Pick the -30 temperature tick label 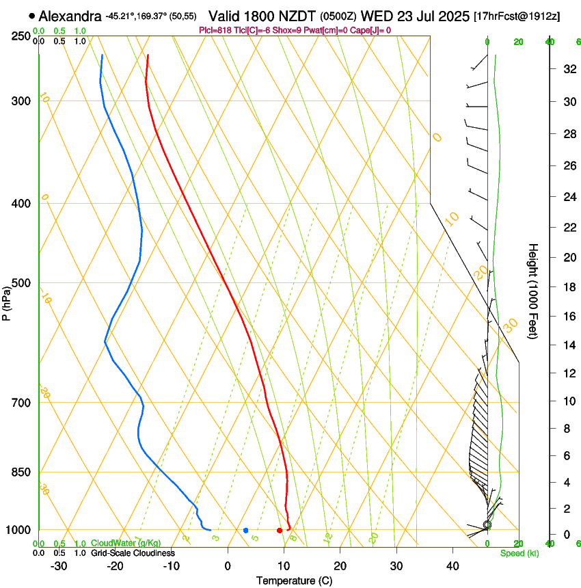point(59,566)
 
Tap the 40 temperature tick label point(452,566)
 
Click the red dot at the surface point(280,531)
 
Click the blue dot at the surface point(246,531)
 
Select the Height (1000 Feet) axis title point(534,291)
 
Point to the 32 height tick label point(568,69)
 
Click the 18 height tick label point(568,287)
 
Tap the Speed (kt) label point(519,553)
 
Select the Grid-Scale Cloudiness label point(133,553)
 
